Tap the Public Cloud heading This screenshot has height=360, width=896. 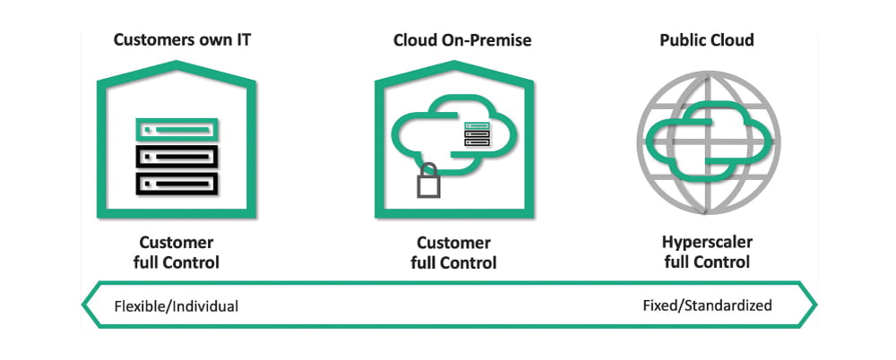[x=706, y=40]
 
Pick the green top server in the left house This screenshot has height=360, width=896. [x=177, y=129]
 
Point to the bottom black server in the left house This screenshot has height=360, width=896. [x=177, y=184]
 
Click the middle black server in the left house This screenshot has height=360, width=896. [x=177, y=157]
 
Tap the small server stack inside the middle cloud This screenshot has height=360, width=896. [x=476, y=135]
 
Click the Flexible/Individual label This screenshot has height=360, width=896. [x=177, y=305]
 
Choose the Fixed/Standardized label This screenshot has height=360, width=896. [x=707, y=304]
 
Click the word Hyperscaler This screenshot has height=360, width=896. [x=707, y=243]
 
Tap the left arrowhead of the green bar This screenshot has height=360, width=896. [x=90, y=305]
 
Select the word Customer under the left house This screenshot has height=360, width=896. [x=177, y=243]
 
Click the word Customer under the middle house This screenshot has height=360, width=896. [x=453, y=243]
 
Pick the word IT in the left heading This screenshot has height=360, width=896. [x=231, y=40]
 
